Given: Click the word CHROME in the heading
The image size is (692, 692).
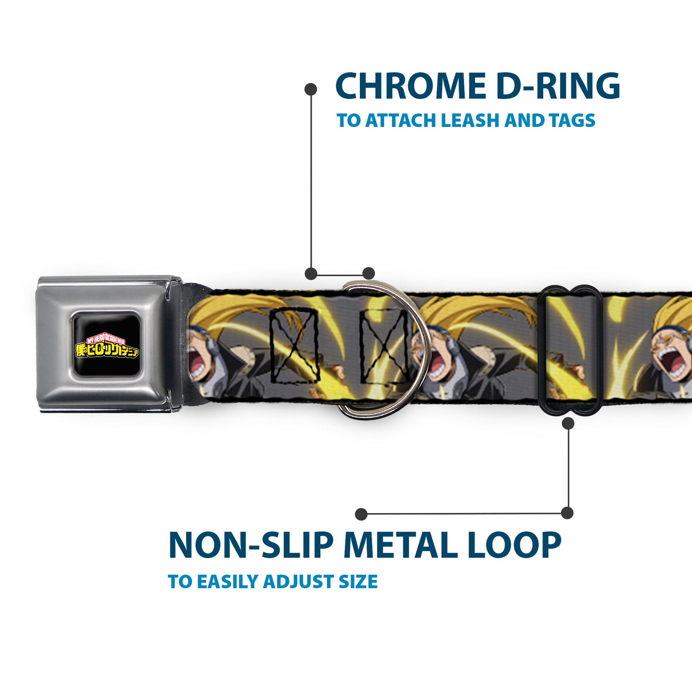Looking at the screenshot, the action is [411, 86].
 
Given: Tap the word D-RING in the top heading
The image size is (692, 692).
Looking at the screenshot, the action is [559, 86].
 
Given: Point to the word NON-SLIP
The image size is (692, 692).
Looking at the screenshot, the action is [250, 546].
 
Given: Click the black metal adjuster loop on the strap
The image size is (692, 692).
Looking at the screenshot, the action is [567, 350].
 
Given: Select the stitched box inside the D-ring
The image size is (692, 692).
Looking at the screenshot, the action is [384, 345].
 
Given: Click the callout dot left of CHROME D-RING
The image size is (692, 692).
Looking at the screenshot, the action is [310, 89].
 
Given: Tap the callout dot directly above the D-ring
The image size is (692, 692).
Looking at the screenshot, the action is [368, 274].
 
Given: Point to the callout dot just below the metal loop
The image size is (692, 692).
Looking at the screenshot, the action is [568, 424].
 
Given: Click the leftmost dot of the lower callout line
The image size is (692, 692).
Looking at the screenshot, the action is [361, 514].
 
